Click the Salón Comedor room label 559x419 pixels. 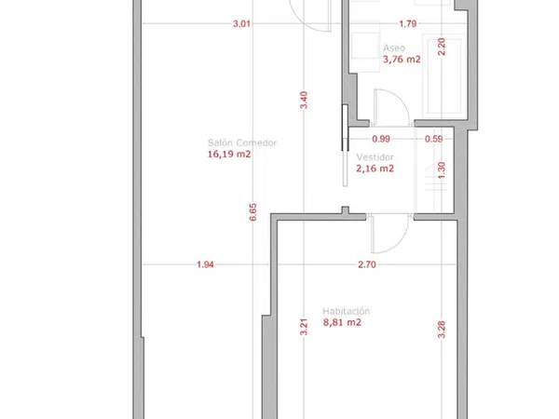pos(242,142)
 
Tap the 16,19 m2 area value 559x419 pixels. pos(229,155)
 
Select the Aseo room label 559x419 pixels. pos(394,48)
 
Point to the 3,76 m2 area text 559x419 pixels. pos(402,60)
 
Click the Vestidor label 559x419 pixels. pos(375,157)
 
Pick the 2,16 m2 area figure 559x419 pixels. pos(375,169)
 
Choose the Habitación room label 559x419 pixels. pos(347,311)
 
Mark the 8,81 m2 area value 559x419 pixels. pos(342,322)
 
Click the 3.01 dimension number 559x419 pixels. pos(241,24)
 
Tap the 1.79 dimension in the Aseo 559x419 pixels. pos(408,24)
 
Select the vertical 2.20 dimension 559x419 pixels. pos(442,47)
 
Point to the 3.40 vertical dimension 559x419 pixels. pos(304,101)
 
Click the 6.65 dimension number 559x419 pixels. pos(252,212)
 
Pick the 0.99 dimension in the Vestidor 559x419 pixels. pos(381,139)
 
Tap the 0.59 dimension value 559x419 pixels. pos(434,139)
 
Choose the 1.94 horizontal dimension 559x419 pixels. pos(205,264)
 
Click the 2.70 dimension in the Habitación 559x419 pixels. pos(367,264)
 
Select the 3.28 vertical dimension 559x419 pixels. pos(442,330)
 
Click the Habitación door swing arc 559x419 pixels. pos(400,243)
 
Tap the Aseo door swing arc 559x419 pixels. pos(401,99)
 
